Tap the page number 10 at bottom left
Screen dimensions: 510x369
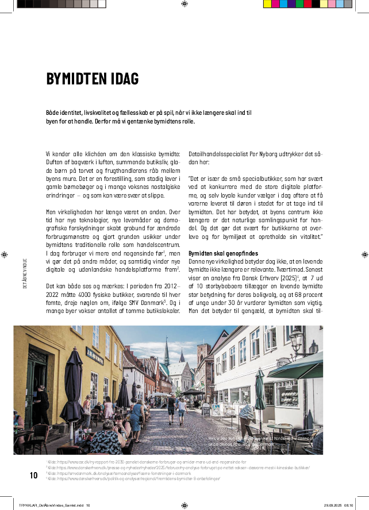point(33,476)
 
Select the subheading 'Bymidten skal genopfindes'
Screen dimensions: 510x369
point(222,253)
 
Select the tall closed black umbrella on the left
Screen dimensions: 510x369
point(72,379)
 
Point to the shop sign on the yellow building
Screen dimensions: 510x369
point(94,338)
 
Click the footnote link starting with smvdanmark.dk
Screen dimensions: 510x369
point(115,473)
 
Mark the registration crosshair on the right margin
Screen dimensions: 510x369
point(364,253)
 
